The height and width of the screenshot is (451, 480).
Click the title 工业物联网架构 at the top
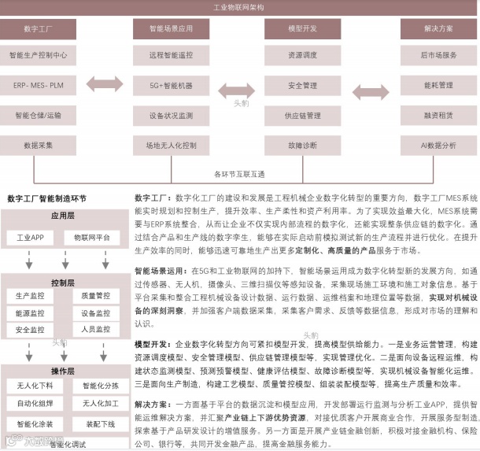pyautogui.click(x=239, y=7)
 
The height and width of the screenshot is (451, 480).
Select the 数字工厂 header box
pyautogui.click(x=38, y=29)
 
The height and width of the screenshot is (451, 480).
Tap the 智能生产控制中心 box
pyautogui.click(x=38, y=56)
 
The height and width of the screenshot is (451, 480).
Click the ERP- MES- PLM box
pyautogui.click(x=38, y=85)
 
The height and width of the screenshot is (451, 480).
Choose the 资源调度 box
pyautogui.click(x=303, y=56)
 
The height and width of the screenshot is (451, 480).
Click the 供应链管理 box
pyautogui.click(x=303, y=115)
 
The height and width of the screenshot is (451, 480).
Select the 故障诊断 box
pyautogui.click(x=303, y=146)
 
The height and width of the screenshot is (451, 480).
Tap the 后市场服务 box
pyautogui.click(x=438, y=56)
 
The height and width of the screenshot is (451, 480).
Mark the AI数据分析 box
pyautogui.click(x=438, y=146)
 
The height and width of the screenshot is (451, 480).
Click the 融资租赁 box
pyautogui.click(x=438, y=115)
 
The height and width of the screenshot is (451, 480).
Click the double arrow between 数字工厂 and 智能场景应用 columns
pyautogui.click(x=104, y=85)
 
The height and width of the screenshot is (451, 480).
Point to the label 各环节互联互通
pyautogui.click(x=239, y=173)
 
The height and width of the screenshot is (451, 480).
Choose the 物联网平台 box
pyautogui.click(x=92, y=236)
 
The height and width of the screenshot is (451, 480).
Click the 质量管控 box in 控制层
pyautogui.click(x=95, y=296)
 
